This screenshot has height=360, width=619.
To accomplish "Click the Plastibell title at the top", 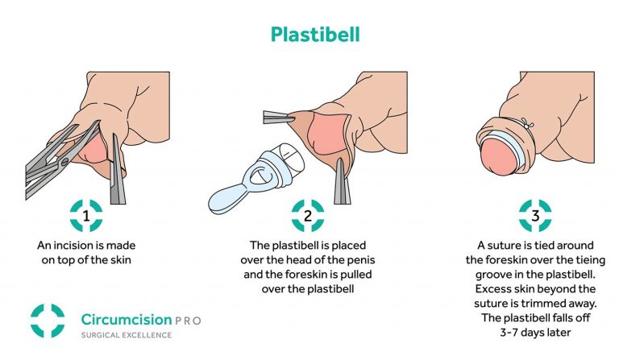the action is tap(315, 35).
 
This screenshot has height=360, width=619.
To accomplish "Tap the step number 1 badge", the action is tap(86, 216).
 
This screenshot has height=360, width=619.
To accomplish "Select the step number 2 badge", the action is tap(308, 216).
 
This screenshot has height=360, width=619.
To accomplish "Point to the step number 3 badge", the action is tap(535, 216).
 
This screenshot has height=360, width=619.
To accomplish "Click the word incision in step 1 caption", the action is tap(71, 246).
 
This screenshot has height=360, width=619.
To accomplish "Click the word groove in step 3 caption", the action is tap(492, 275).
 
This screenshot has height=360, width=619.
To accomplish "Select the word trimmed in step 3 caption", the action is tap(559, 304).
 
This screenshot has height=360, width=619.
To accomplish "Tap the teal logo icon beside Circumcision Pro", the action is tap(48, 321).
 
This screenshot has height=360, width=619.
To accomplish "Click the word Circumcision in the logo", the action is tap(127, 320).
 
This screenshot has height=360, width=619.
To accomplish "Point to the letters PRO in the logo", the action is tap(188, 321).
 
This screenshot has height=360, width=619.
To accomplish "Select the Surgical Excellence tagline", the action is tap(127, 335).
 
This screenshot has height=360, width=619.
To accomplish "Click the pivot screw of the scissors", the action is tap(64, 161).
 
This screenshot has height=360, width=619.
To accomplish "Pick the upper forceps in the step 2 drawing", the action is tap(278, 117).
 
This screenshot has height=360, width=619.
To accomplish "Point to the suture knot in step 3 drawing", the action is tap(526, 123).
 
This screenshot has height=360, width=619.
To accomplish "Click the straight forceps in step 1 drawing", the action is tap(117, 170).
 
